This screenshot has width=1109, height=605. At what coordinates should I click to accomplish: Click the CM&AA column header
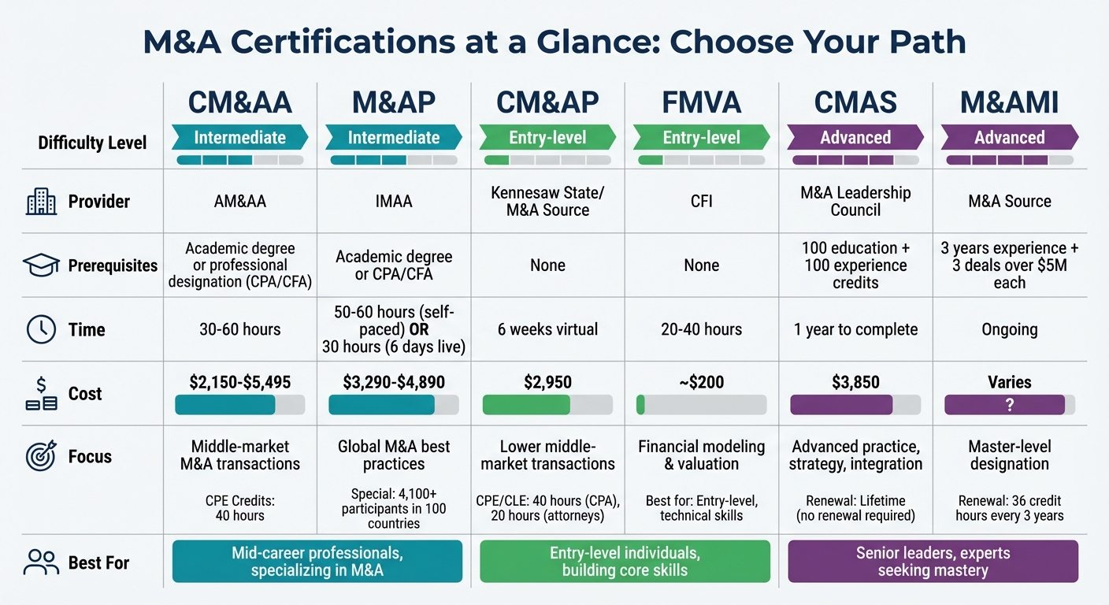[x=240, y=103]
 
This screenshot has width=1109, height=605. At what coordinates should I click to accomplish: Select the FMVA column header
[x=701, y=103]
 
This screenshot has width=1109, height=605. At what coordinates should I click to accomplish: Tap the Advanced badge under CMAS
[x=855, y=137]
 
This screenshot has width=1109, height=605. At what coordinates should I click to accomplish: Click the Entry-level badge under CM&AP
[x=547, y=137]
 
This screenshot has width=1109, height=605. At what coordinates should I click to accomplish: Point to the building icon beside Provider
[x=41, y=202]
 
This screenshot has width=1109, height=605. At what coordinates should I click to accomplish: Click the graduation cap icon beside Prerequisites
[x=41, y=265]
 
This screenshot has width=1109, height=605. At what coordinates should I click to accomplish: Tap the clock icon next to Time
[x=41, y=329]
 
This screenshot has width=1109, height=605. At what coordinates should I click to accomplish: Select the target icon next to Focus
[x=41, y=457]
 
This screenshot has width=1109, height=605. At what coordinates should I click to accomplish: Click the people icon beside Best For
[x=41, y=562]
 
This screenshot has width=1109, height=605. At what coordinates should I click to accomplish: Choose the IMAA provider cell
[x=394, y=202]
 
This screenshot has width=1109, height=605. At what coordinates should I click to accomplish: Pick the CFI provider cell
[x=701, y=202]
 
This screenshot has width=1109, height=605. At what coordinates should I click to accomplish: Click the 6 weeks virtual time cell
[x=547, y=329]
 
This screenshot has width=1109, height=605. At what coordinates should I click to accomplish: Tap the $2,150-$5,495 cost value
[x=240, y=383]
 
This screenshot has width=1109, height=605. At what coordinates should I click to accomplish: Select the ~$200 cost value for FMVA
[x=701, y=383]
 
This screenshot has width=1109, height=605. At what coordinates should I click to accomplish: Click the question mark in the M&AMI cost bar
[x=1009, y=405]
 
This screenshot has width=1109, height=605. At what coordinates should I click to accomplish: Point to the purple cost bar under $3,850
[x=841, y=405]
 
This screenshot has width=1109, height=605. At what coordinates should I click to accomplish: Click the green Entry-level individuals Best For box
[x=625, y=562]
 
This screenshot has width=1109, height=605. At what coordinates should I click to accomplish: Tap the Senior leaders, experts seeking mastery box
[x=933, y=562]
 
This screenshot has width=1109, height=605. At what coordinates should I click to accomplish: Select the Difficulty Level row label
[x=92, y=143]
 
